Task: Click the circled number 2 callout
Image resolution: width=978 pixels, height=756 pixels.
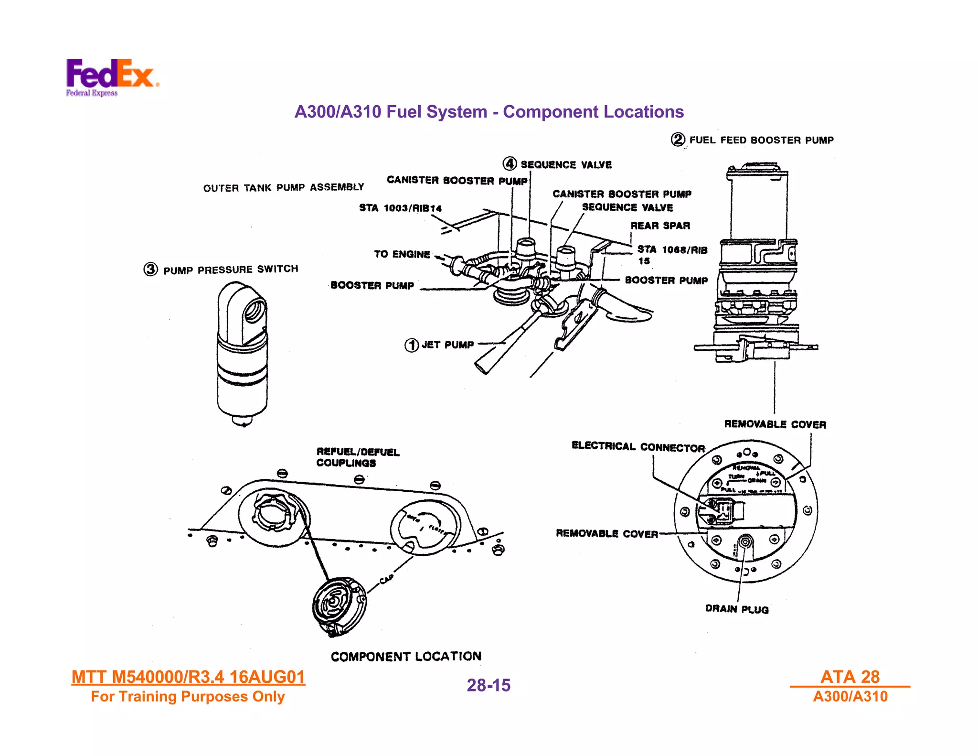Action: click(678, 140)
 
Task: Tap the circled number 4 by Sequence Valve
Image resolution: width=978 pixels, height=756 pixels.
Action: click(510, 164)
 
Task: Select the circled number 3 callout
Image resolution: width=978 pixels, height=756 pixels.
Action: click(150, 269)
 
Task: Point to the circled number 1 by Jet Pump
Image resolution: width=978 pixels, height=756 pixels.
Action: click(411, 345)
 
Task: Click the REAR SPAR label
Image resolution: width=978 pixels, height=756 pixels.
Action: click(660, 226)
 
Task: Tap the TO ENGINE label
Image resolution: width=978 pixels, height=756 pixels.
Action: click(402, 254)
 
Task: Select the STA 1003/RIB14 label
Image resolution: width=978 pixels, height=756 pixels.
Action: click(400, 208)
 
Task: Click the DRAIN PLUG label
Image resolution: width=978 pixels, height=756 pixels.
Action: click(737, 609)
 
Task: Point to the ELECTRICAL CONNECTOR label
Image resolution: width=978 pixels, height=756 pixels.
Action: click(638, 447)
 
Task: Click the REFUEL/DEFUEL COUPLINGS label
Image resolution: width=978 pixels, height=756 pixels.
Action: click(358, 457)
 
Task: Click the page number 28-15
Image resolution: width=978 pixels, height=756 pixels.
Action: click(489, 685)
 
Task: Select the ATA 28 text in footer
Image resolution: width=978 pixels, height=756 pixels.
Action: click(850, 677)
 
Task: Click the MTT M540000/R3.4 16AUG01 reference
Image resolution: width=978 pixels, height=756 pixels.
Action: click(188, 677)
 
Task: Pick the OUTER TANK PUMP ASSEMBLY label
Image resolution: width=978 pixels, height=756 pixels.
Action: click(284, 187)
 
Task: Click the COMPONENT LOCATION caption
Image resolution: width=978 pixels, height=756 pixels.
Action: click(406, 657)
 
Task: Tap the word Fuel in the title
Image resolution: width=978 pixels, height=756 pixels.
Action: click(405, 112)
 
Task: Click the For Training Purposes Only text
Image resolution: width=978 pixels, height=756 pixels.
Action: click(188, 697)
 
